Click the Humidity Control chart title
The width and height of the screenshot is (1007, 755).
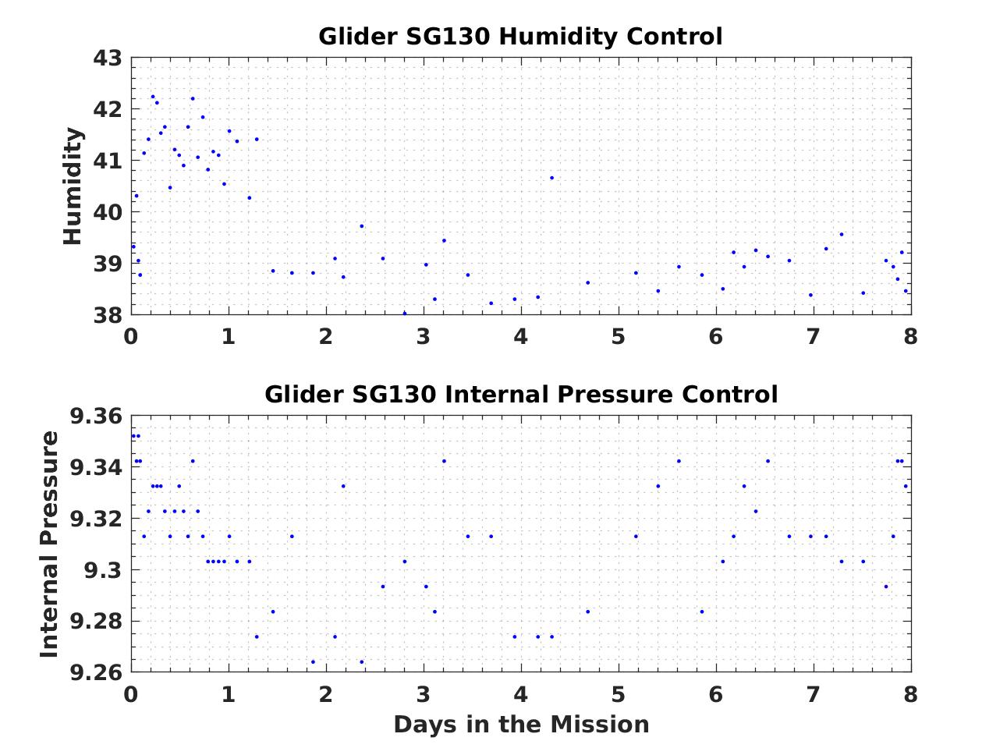tap(520, 37)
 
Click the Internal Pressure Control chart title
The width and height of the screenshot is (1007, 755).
tap(520, 395)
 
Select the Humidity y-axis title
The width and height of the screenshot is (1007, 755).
tap(73, 186)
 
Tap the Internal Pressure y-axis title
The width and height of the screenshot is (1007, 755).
tap(49, 544)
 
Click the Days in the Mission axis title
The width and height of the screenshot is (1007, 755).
tap(520, 725)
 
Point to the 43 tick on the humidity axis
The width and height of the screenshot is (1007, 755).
tap(108, 58)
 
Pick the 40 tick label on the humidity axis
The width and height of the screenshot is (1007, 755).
tap(108, 212)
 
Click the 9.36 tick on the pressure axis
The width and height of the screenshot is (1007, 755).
tap(96, 416)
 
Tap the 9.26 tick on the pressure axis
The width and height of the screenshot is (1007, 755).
tap(96, 672)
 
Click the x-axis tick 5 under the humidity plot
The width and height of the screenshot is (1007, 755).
tap(619, 337)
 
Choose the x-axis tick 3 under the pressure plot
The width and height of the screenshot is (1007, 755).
tap(424, 694)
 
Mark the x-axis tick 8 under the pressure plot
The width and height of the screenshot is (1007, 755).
tap(910, 694)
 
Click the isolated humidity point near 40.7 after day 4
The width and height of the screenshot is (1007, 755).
tap(551, 178)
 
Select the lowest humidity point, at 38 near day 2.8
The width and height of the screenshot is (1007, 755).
tap(404, 314)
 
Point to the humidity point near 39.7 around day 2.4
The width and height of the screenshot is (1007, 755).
tap(362, 226)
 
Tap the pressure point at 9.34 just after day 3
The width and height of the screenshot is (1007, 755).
tap(444, 461)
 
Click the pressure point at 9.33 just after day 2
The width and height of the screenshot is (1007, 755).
tap(343, 486)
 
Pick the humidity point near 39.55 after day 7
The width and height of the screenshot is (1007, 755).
tap(842, 234)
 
